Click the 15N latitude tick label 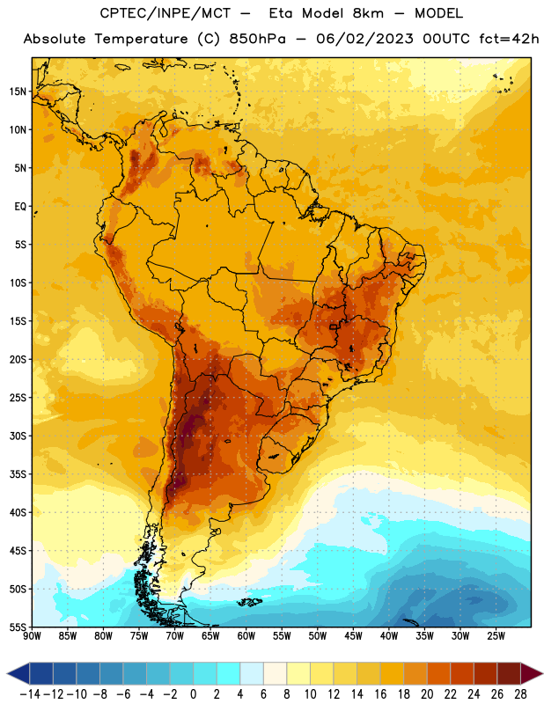coord(18,92)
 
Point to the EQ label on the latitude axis coord(20,207)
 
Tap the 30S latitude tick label coord(18,436)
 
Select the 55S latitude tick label coord(18,627)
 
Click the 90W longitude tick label coord(32,636)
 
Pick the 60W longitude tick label coord(246,636)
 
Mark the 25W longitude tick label coord(496,636)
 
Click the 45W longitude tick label coord(353,636)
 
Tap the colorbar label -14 coord(30,694)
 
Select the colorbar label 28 coord(520,694)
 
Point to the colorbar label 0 coord(193,694)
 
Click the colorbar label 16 coord(380,694)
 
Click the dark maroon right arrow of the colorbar coord(531,673)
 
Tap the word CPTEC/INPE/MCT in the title coord(165,13)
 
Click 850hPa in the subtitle coord(257,39)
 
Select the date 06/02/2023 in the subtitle coord(364,39)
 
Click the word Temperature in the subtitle coord(141,39)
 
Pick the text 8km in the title coord(368,13)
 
